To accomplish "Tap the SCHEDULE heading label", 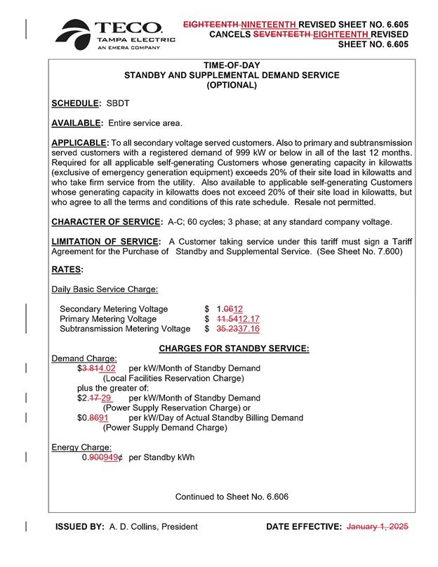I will [x=77, y=104].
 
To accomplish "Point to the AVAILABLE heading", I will [x=77, y=124].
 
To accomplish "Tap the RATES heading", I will [x=67, y=269].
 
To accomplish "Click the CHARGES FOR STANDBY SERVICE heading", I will [x=234, y=348].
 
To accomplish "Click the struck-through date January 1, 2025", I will [x=378, y=526].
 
